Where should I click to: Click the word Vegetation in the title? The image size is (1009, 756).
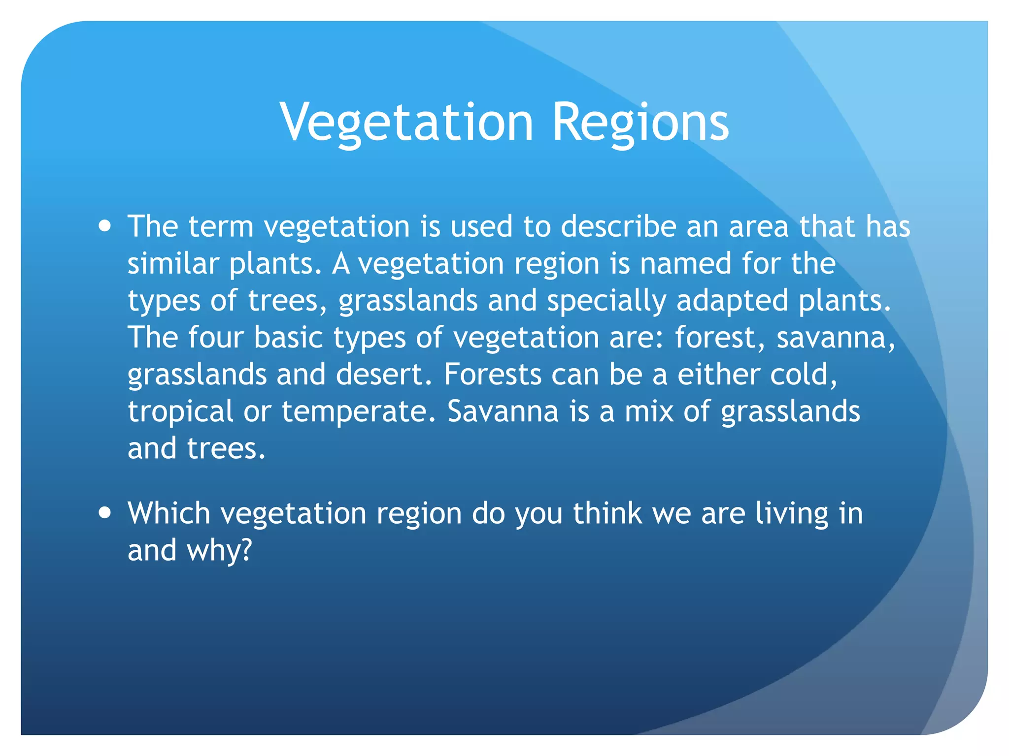[x=407, y=122]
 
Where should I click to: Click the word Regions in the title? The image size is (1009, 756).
[x=640, y=122]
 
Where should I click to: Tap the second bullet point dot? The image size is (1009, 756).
[x=104, y=513]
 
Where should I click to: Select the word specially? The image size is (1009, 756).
[x=606, y=301]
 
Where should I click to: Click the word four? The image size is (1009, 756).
[x=216, y=338]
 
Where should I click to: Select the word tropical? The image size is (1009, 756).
[x=180, y=412]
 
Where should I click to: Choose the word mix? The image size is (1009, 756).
[x=649, y=412]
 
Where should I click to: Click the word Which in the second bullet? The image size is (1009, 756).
[x=169, y=513]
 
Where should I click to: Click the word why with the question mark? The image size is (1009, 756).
[x=219, y=550]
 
